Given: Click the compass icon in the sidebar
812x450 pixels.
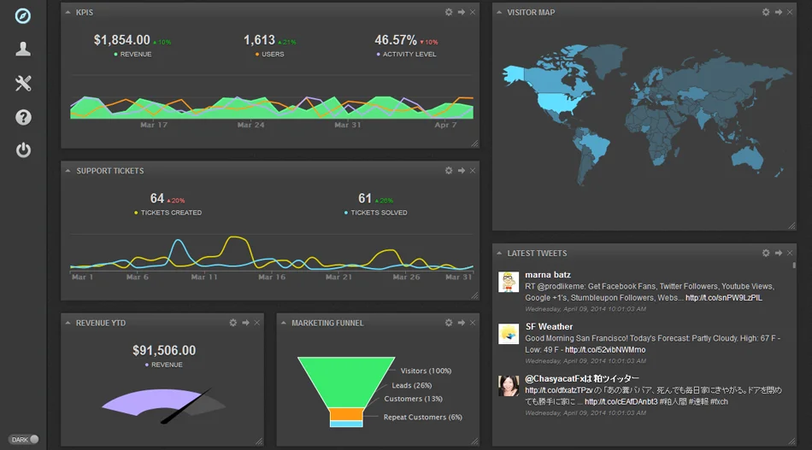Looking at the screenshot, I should [x=23, y=16].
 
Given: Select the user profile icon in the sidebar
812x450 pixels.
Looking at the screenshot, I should [x=23, y=49].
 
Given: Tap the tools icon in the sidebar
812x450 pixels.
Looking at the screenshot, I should [x=23, y=83].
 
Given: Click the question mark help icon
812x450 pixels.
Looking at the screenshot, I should [x=23, y=117].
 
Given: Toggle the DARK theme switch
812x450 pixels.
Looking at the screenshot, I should [x=33, y=440].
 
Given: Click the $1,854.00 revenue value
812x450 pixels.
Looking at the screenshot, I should [x=122, y=40].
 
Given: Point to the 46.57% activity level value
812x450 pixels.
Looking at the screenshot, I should [x=396, y=40].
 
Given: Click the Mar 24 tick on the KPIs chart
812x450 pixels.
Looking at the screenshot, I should [x=250, y=126].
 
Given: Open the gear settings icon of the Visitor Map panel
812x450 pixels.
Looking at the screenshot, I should [x=766, y=12].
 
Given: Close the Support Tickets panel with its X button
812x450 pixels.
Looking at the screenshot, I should [x=473, y=171].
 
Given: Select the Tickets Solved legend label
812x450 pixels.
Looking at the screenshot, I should [x=379, y=213].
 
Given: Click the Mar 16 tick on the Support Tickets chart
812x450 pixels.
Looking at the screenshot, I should [x=272, y=278].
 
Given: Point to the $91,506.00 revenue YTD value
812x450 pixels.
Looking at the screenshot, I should [x=164, y=351].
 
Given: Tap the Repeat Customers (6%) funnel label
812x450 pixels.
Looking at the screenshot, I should [x=422, y=418].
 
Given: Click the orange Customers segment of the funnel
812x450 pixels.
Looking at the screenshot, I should [x=347, y=414].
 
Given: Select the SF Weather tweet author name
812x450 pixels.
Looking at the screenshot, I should [x=549, y=326].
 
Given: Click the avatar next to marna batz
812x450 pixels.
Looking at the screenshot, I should [x=509, y=283].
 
